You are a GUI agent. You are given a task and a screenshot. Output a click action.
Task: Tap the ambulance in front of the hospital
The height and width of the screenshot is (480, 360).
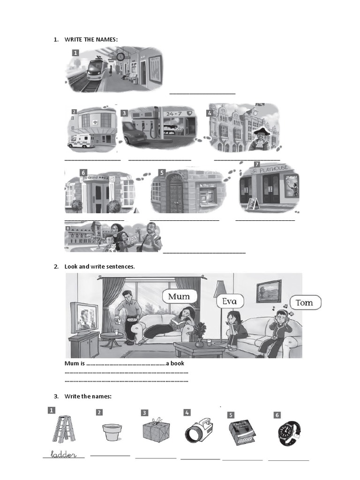81,141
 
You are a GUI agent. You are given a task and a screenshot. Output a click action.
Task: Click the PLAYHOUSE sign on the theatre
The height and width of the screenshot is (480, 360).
270,169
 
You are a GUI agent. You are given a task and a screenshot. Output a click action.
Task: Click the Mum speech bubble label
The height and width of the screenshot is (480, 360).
179,296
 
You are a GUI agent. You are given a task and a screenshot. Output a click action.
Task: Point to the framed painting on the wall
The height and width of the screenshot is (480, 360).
269,291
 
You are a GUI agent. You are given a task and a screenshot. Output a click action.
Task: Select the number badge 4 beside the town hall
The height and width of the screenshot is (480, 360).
210,113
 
